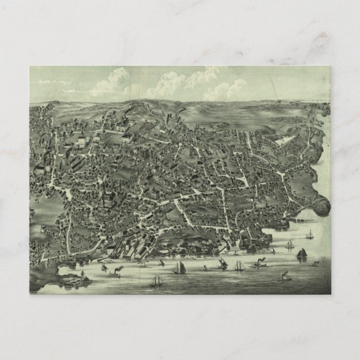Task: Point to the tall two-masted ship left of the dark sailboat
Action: click(x=289, y=245)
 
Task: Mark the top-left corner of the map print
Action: click(x=30, y=67)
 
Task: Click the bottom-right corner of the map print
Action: click(x=330, y=293)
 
